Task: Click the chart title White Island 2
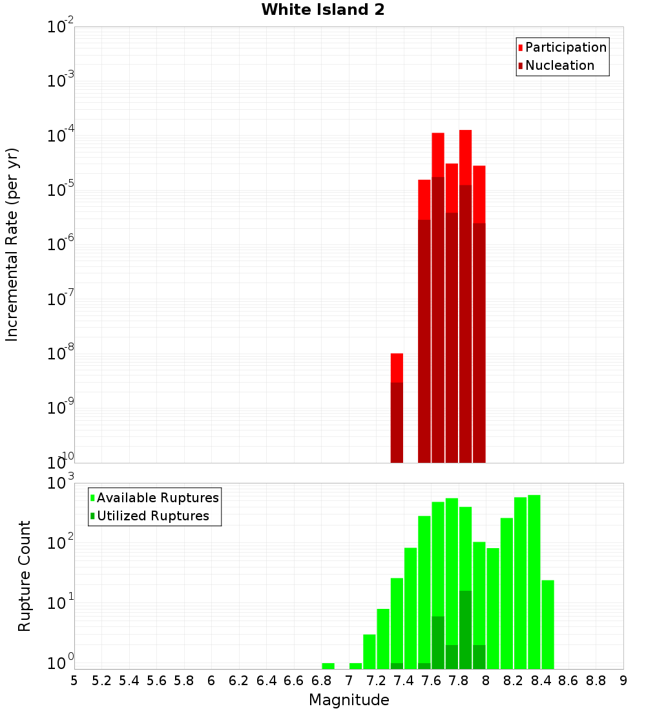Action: (x=323, y=10)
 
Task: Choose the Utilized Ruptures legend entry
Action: (x=152, y=516)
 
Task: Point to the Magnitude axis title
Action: (x=349, y=700)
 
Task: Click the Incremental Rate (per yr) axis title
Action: (x=12, y=245)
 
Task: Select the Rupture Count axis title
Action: (x=25, y=576)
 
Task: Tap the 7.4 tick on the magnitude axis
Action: (x=404, y=681)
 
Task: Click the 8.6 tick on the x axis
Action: (x=568, y=681)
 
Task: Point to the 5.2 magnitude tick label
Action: (x=101, y=681)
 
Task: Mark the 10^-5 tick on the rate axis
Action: (x=61, y=190)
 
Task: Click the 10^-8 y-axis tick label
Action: (x=61, y=354)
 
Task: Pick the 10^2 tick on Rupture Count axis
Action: (x=61, y=543)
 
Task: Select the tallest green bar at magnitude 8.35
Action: (x=534, y=582)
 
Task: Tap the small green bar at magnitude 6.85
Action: (x=328, y=666)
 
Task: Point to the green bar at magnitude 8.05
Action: (x=493, y=608)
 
